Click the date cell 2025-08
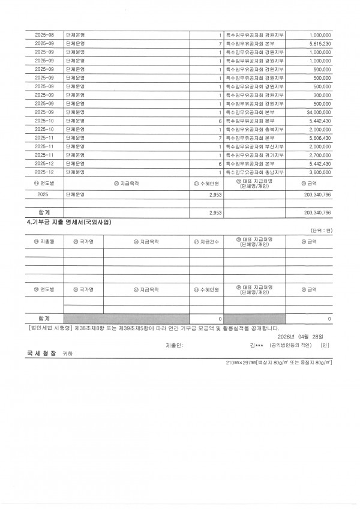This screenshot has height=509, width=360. click(44, 35)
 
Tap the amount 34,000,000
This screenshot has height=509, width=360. click(317, 112)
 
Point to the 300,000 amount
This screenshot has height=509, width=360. click(322, 95)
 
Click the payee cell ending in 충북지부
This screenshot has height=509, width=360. click(254, 129)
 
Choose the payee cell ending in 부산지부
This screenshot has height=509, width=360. click(254, 146)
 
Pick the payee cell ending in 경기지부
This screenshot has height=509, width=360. click(254, 155)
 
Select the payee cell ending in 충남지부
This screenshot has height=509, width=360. click(254, 172)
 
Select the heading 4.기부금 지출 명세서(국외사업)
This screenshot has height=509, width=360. click(69, 221)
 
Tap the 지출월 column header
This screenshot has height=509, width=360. click(44, 242)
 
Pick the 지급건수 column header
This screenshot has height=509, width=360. click(207, 242)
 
